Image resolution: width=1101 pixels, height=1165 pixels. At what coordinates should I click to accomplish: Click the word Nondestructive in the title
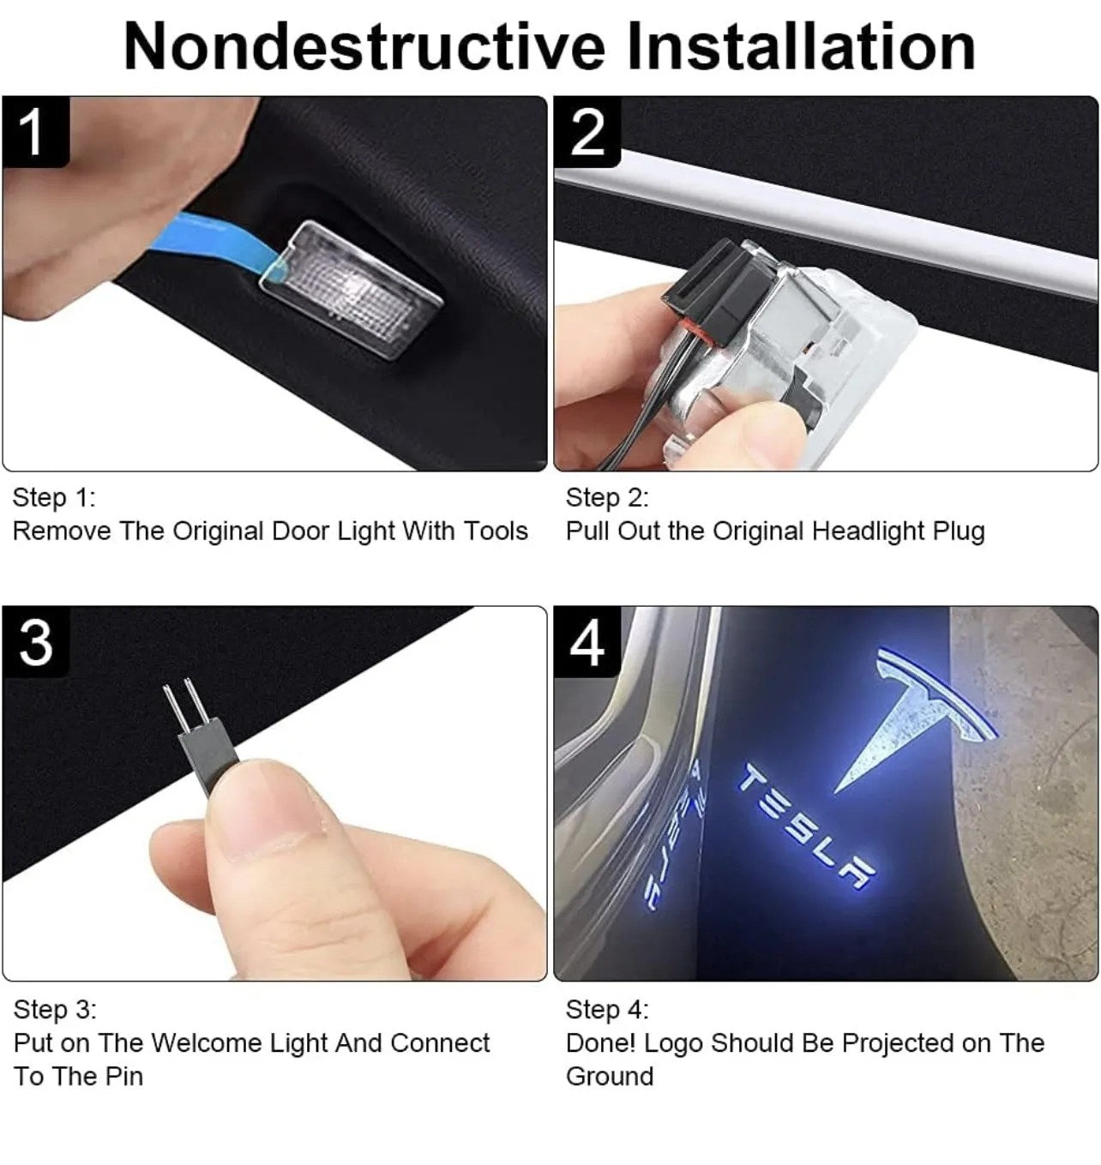(x=364, y=46)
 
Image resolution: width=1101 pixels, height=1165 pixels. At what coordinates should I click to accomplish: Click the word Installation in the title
(x=802, y=46)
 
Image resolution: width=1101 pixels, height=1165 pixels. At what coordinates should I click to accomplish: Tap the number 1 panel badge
(x=36, y=133)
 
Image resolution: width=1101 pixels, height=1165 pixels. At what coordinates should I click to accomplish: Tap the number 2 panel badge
(x=587, y=133)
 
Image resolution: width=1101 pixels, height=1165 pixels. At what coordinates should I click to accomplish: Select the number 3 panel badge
(x=36, y=642)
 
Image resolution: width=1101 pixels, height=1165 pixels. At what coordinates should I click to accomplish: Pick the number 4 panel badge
(x=587, y=642)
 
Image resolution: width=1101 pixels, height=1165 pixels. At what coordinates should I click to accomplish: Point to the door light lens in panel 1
(x=351, y=290)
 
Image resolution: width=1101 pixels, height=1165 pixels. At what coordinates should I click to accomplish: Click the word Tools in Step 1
(x=496, y=531)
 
